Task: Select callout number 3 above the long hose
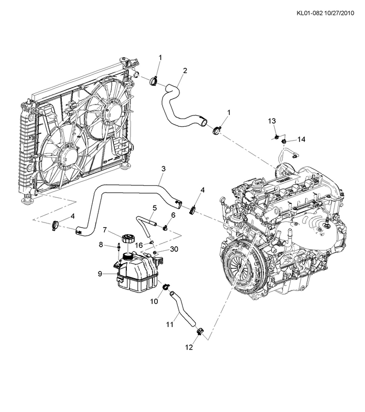click(x=163, y=169)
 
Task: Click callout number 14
click(x=302, y=140)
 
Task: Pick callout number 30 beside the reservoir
click(x=174, y=250)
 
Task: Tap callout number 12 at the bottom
click(x=189, y=347)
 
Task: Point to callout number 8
click(x=102, y=245)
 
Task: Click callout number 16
click(x=139, y=246)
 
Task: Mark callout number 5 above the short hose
click(x=154, y=209)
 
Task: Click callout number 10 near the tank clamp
click(x=154, y=302)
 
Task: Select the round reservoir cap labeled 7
click(x=127, y=241)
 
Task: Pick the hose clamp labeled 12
click(x=201, y=330)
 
